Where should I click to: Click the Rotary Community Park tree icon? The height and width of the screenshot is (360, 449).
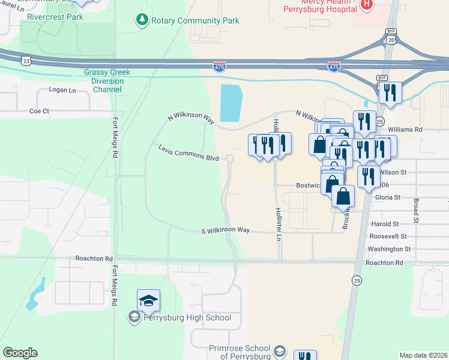(142, 21)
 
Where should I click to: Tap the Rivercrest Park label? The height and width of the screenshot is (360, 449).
(55, 17)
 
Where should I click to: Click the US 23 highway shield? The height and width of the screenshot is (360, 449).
(26, 61)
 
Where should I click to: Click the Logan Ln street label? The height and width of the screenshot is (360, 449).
(65, 91)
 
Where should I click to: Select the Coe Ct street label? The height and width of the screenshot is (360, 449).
(39, 111)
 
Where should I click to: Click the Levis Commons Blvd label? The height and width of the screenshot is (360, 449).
(188, 152)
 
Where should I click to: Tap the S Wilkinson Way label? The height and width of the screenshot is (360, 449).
(225, 230)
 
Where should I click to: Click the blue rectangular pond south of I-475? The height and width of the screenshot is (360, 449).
(231, 103)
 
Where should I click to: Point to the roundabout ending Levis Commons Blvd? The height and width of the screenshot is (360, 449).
(229, 158)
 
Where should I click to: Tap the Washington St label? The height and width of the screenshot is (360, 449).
(388, 248)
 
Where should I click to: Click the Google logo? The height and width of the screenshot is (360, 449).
(19, 353)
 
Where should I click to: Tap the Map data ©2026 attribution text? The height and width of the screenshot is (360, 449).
(423, 355)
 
